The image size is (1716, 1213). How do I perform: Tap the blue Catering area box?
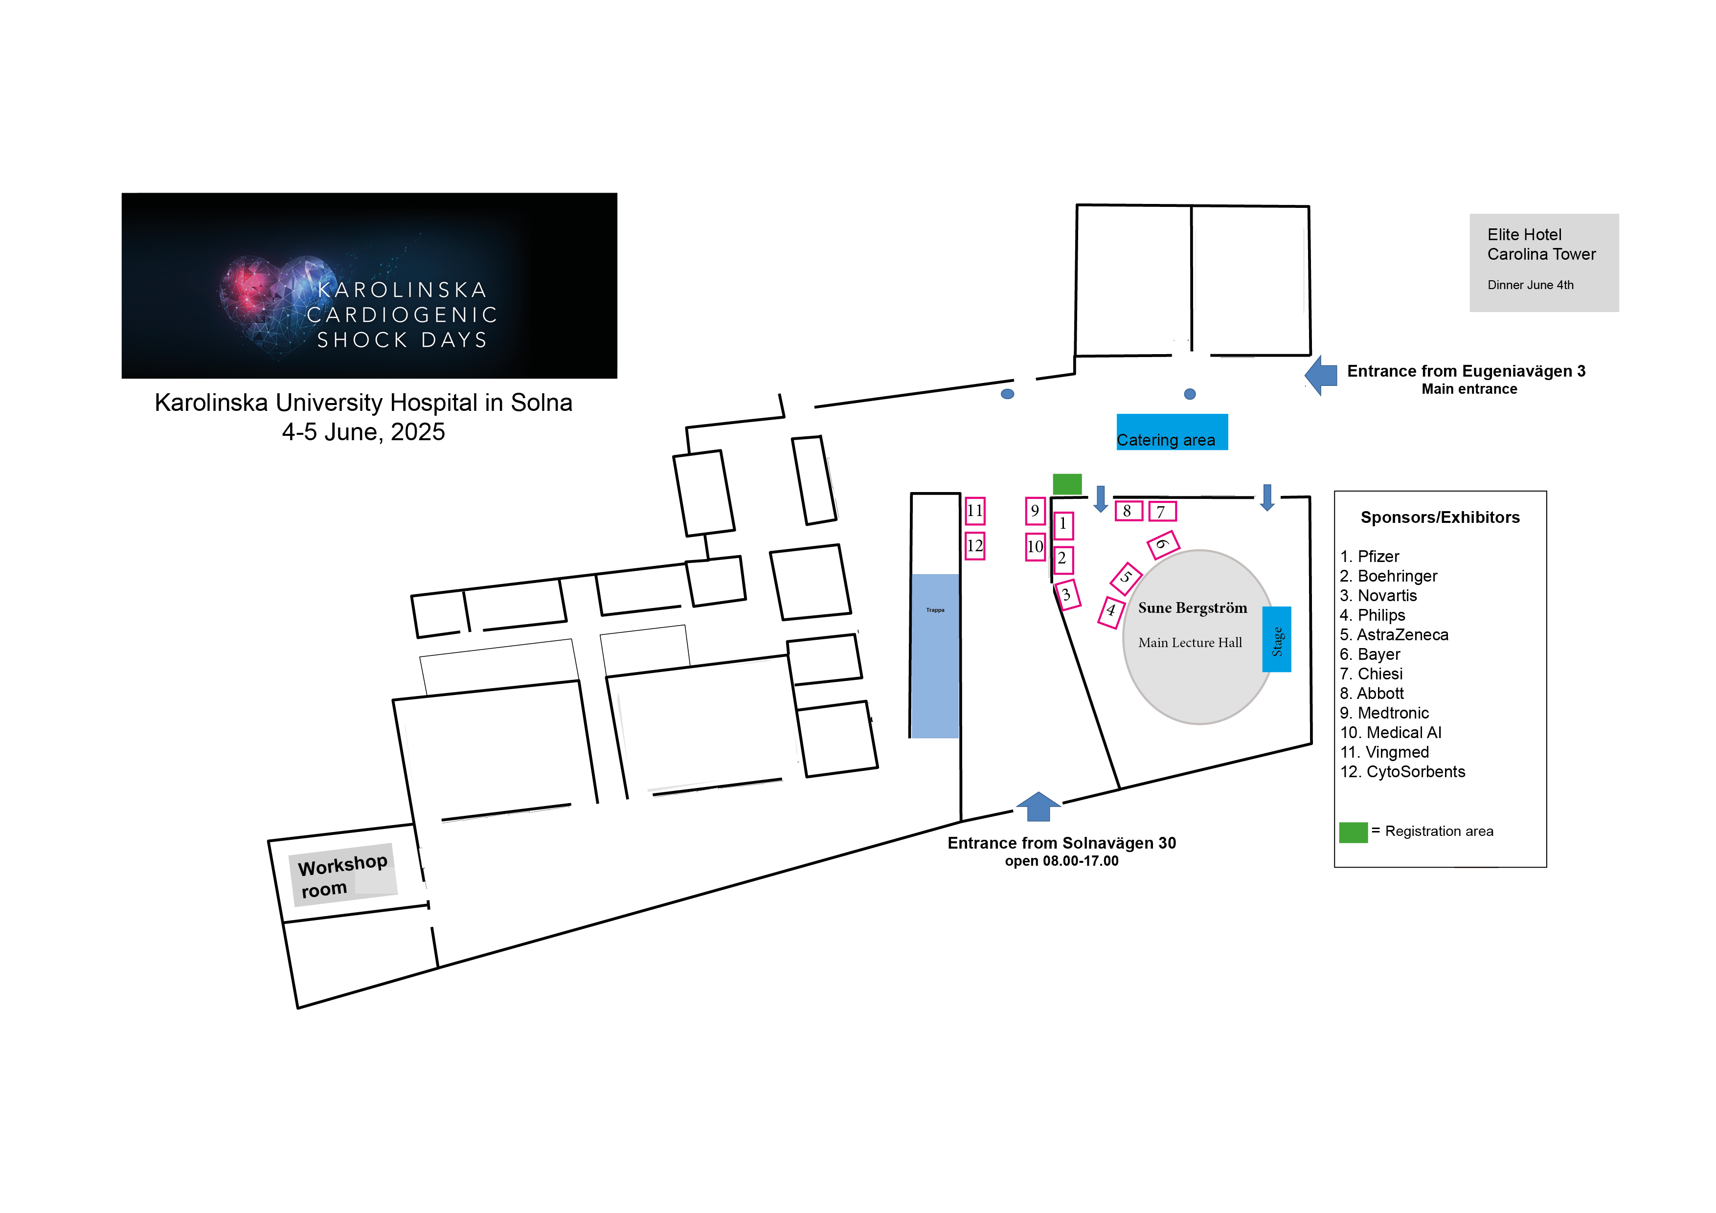[x=1172, y=432]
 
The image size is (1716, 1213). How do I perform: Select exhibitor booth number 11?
[x=974, y=511]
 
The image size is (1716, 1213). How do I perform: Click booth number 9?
[x=1035, y=511]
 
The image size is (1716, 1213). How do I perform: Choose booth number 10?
[x=1035, y=546]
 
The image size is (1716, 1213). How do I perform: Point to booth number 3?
[x=1067, y=595]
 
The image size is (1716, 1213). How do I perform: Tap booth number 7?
[x=1162, y=511]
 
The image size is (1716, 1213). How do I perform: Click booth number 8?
[x=1129, y=511]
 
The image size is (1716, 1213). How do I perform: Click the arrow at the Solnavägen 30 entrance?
[x=1038, y=807]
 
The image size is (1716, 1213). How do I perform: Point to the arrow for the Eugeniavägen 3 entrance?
[x=1321, y=375]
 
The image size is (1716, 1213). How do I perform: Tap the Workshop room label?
[x=343, y=876]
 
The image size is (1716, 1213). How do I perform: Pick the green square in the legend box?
[x=1353, y=832]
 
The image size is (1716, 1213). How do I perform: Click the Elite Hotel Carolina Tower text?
[x=1541, y=245]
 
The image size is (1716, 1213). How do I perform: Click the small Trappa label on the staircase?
[x=935, y=610]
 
